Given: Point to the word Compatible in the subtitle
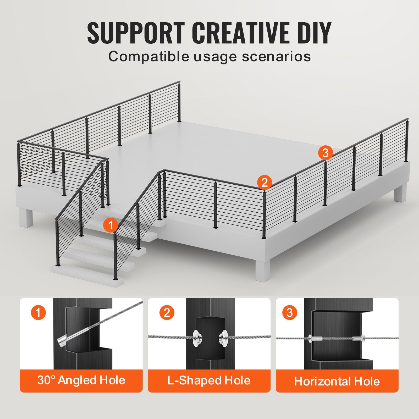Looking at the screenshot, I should click(148, 56).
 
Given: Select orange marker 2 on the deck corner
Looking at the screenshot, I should click(264, 182).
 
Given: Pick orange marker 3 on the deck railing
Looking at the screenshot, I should click(325, 152).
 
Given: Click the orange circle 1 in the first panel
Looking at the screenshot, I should click(38, 312).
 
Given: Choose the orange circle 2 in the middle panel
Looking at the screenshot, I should click(167, 312).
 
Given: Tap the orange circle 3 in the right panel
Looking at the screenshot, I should click(289, 312).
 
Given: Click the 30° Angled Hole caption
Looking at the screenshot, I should click(81, 380).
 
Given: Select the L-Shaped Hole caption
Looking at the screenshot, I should click(209, 380).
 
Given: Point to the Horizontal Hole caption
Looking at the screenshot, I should click(337, 381).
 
